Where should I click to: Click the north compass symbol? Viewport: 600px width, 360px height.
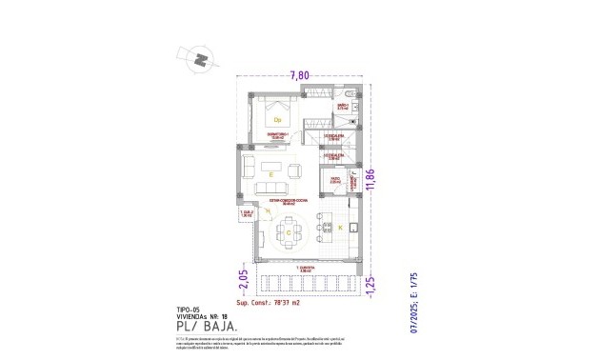(x=199, y=59)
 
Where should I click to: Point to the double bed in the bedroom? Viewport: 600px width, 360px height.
(x=275, y=118)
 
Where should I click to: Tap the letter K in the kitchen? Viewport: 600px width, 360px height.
(x=340, y=228)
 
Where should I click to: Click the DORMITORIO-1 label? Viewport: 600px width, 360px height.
(x=277, y=136)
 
